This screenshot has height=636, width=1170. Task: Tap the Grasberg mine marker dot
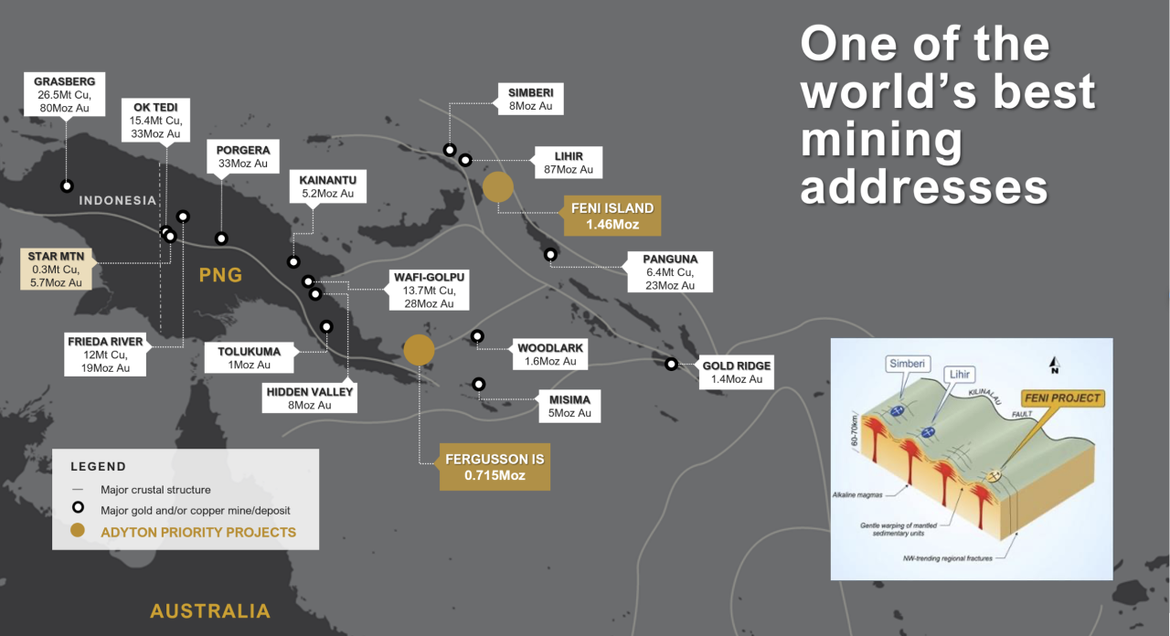click(67, 185)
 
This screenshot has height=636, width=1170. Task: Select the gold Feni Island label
click(612, 216)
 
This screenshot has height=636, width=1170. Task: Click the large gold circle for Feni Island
click(498, 186)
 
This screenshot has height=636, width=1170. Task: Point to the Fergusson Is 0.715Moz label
click(495, 467)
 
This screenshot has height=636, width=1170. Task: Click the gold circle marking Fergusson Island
click(419, 349)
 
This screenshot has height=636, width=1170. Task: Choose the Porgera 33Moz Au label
click(242, 157)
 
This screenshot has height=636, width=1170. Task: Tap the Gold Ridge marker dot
click(671, 364)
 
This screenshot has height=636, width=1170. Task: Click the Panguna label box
click(669, 272)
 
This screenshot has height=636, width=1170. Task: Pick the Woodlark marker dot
click(477, 336)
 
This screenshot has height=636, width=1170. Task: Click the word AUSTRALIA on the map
click(210, 611)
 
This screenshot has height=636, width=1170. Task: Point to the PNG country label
click(220, 274)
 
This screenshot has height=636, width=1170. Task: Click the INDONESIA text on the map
click(118, 200)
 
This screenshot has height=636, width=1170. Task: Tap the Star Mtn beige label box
click(57, 270)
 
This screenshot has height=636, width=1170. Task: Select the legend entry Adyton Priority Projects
click(198, 532)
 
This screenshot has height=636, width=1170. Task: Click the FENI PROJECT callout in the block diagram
click(1062, 398)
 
